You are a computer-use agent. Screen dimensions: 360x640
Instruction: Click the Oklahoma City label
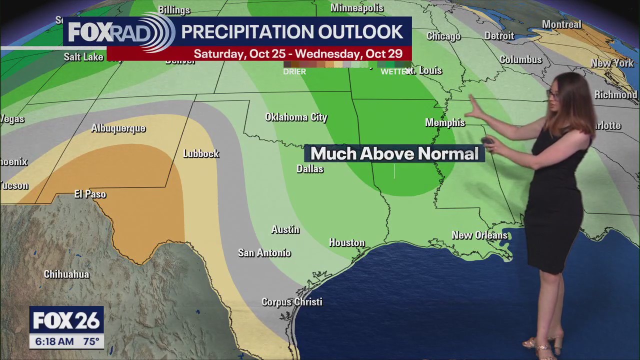pos(296,117)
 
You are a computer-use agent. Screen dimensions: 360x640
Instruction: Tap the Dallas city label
pos(310,169)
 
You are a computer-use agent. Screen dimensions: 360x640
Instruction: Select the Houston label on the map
pos(347,242)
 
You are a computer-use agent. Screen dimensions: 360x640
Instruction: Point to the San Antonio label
pos(264,253)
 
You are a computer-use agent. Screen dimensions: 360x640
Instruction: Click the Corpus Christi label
pos(292,302)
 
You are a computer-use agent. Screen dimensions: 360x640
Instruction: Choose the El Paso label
pos(90,194)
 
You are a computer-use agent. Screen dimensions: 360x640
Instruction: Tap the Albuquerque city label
pos(118,128)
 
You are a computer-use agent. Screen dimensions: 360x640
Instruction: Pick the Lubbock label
pos(201,154)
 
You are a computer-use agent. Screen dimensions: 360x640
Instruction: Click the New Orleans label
pos(479,235)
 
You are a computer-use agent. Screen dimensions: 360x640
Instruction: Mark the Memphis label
pos(445,122)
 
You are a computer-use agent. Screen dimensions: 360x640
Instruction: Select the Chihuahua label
pos(66,274)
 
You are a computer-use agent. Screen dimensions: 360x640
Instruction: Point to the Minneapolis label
pos(357,8)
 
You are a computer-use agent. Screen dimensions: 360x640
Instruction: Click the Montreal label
pos(561,24)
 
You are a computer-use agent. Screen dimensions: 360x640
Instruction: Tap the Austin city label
pos(285,229)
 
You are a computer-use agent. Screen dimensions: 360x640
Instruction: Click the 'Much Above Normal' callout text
pos(394,153)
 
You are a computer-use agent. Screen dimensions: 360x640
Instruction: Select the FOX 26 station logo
pos(66,320)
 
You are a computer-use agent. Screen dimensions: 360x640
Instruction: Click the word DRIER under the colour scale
pos(294,71)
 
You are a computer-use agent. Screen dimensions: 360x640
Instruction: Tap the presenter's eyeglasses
pos(552,93)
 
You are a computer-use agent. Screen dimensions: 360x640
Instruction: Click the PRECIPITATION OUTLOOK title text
pos(292,31)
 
